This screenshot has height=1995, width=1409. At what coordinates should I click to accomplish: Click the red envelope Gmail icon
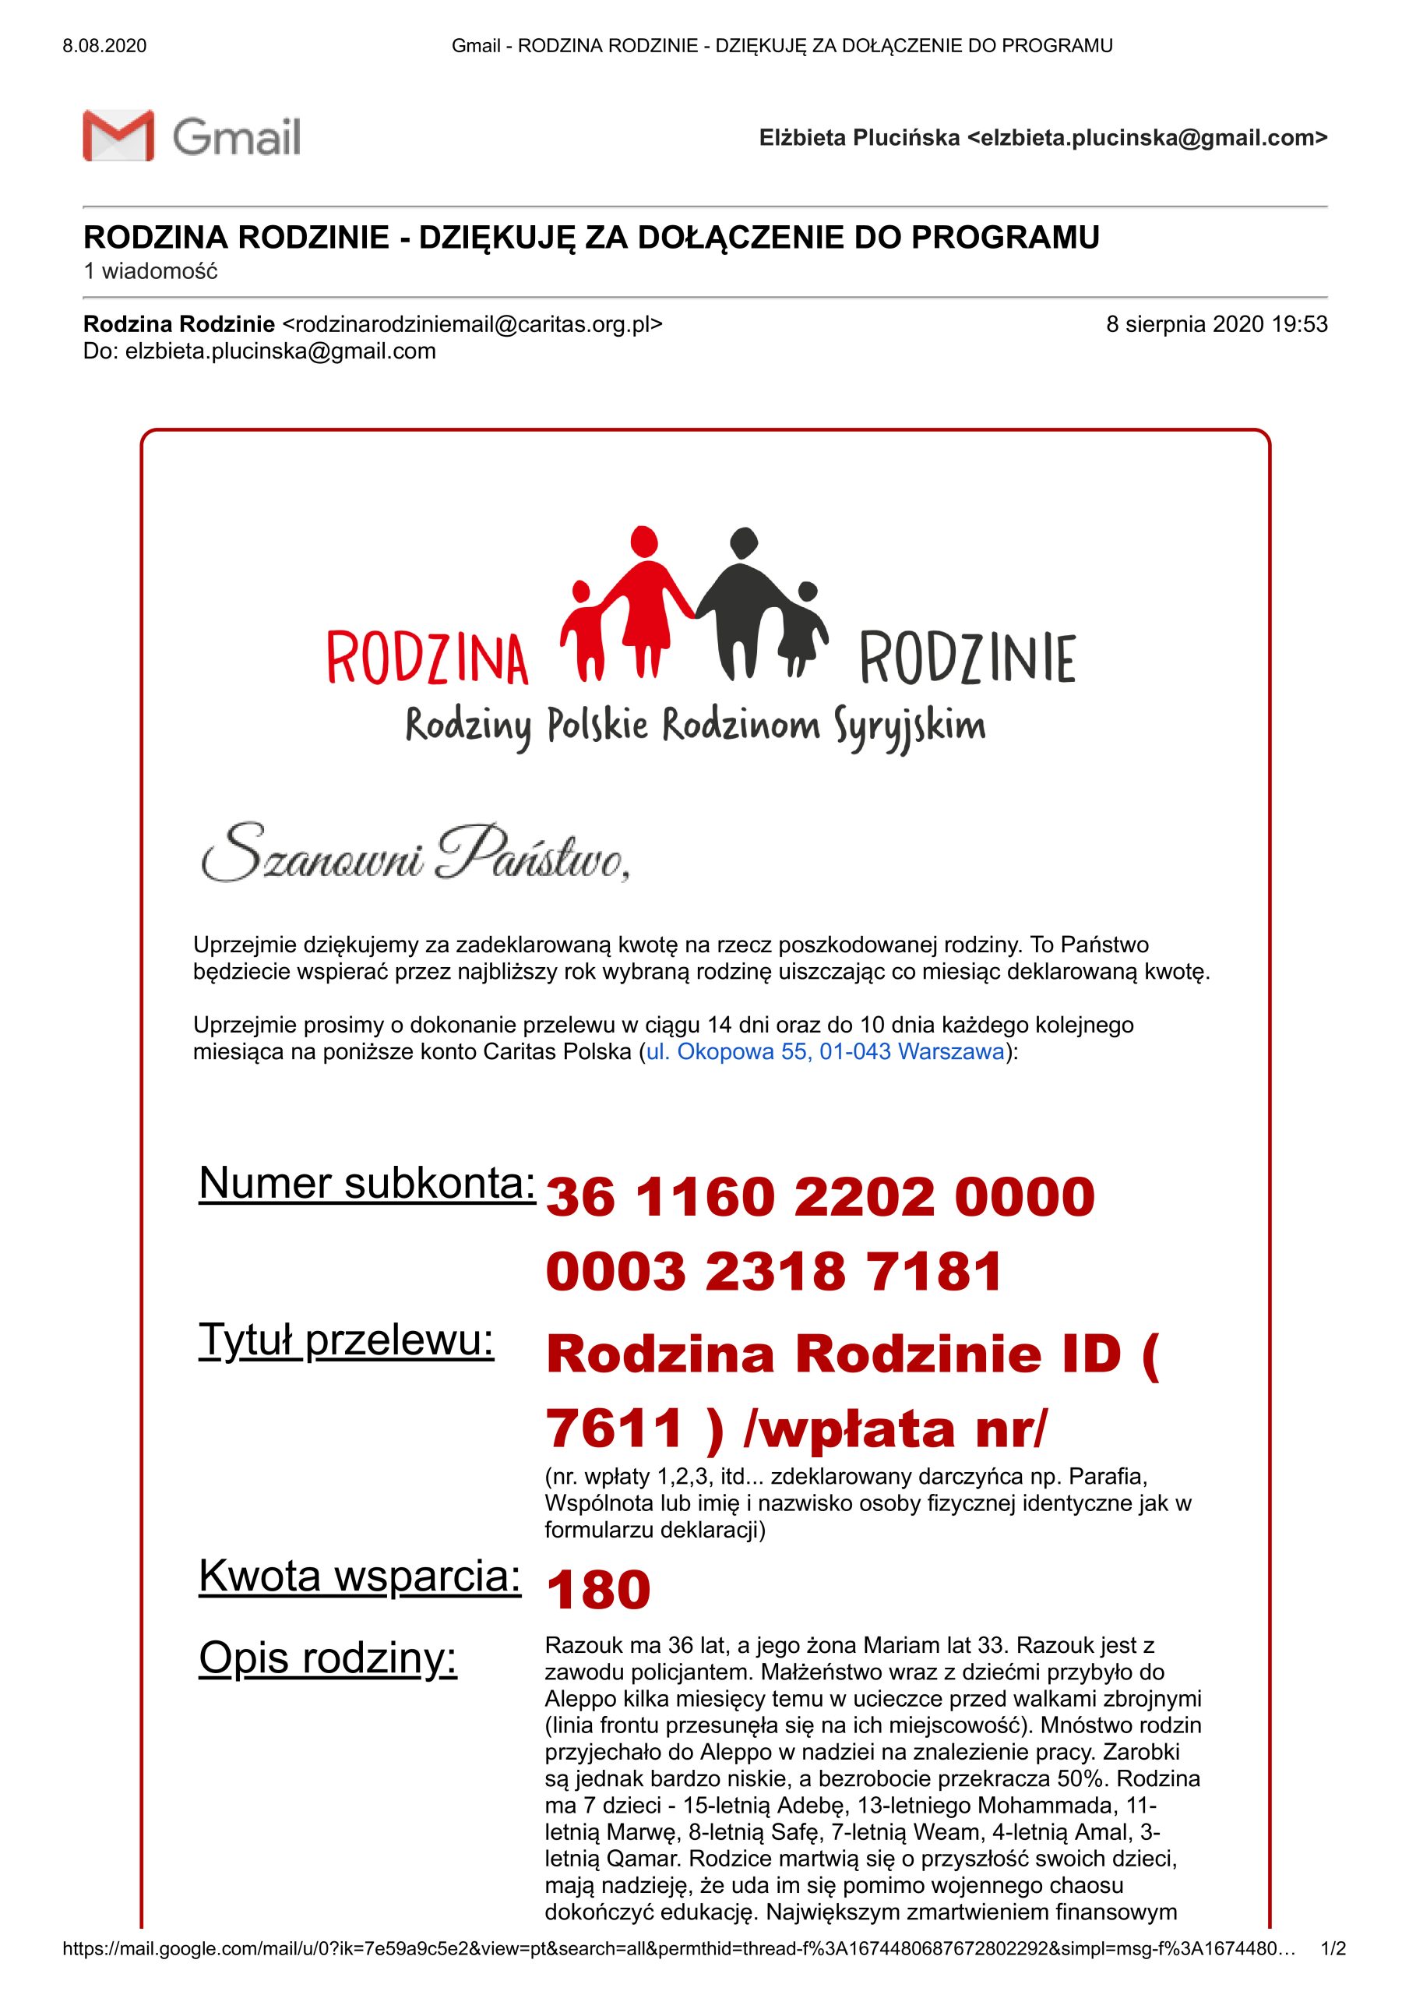118,136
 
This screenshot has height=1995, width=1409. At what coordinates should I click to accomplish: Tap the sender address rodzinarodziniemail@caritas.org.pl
473,324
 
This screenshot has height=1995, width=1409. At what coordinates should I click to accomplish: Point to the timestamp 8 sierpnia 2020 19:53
1216,324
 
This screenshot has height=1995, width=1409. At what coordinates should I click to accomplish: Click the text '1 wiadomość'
150,271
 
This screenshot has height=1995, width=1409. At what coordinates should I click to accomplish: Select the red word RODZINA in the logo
428,659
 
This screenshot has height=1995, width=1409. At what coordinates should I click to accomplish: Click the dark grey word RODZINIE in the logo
967,659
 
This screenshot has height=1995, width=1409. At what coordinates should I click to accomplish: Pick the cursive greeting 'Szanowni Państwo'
415,853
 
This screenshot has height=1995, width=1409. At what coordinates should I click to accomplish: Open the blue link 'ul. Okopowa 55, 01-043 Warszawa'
824,1051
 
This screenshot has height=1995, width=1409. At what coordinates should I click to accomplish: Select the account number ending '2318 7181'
773,1271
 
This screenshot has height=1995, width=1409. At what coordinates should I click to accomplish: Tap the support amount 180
597,1589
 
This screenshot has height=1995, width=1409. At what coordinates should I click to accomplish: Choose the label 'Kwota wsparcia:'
360,1575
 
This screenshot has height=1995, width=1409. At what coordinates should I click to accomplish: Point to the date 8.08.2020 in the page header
104,46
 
